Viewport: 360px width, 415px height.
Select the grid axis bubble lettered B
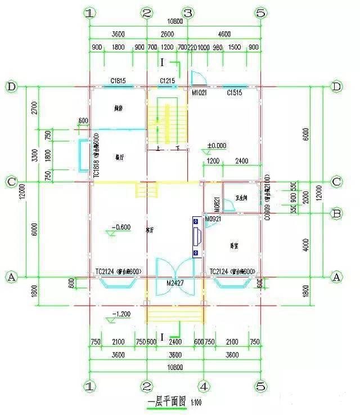(x=337, y=214)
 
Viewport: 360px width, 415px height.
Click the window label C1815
(x=118, y=81)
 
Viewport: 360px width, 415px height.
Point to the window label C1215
(x=167, y=81)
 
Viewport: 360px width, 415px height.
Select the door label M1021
(x=199, y=92)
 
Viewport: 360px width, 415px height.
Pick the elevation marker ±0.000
(x=217, y=145)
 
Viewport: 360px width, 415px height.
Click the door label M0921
(x=213, y=218)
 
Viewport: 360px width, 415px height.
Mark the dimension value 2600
(x=167, y=34)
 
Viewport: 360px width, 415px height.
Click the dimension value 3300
(x=34, y=154)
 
